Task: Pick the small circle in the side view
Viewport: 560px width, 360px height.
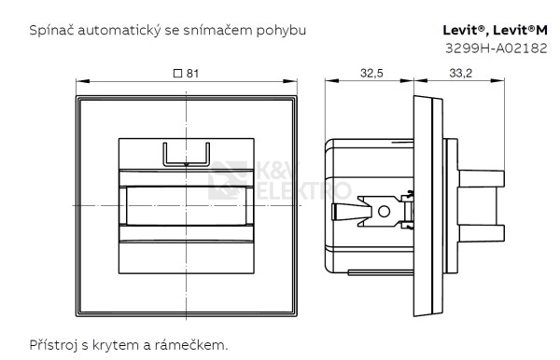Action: point(383,212)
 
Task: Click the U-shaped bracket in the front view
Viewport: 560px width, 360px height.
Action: point(187,154)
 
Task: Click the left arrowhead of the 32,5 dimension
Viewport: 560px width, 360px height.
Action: point(328,82)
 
